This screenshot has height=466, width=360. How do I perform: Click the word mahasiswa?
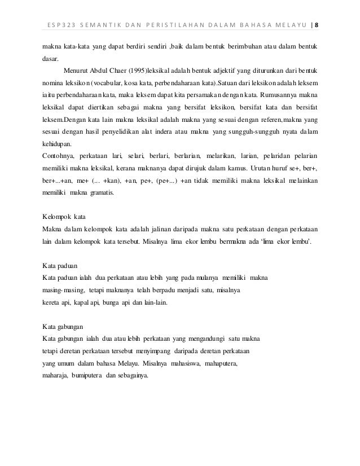(191, 363)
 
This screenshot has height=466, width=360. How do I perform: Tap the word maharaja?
(55, 375)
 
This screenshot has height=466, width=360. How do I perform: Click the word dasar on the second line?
(51, 58)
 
